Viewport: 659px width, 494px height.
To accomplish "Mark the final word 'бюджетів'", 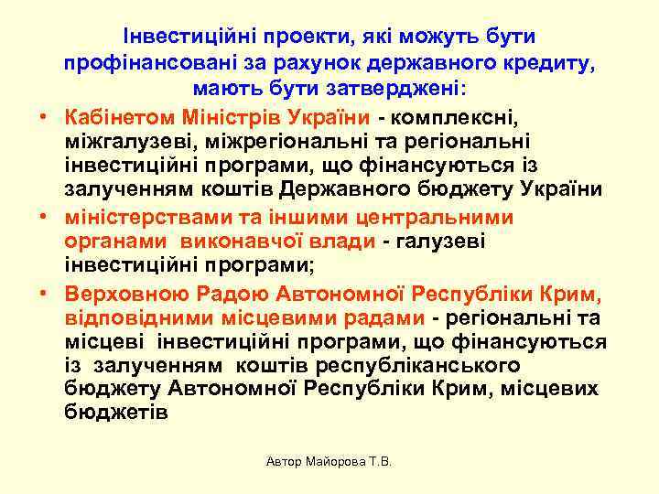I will (116, 413).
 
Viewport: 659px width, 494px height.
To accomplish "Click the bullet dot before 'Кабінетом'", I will (42, 119).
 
